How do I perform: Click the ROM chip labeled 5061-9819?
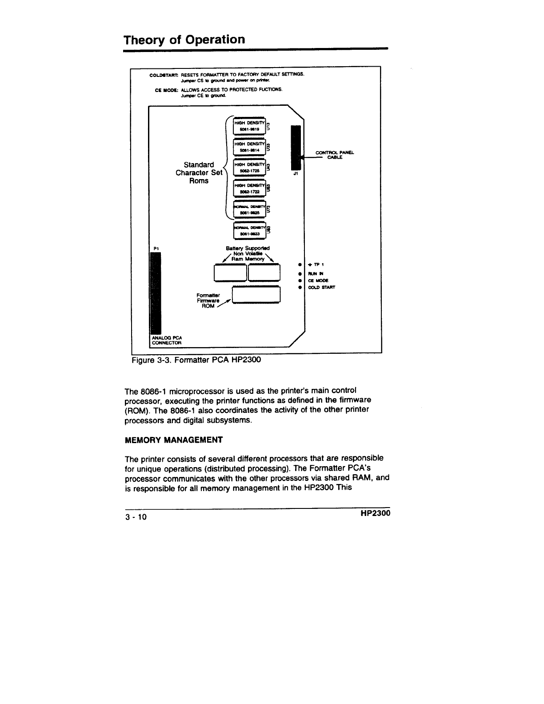[249, 125]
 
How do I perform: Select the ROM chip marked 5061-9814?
[249, 147]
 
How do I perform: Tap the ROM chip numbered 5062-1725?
[249, 168]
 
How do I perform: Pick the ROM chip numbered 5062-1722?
[249, 188]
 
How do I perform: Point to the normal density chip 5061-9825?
[249, 209]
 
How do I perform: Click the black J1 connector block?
[296, 148]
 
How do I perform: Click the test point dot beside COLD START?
[300, 288]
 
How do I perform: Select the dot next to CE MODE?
[300, 280]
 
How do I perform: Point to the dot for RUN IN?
[300, 273]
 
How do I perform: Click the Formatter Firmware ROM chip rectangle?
[256, 295]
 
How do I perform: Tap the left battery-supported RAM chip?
[230, 272]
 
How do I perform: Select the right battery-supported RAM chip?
[264, 272]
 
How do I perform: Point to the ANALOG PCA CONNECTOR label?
[167, 340]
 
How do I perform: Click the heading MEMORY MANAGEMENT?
[174, 440]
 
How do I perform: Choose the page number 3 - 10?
[138, 517]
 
